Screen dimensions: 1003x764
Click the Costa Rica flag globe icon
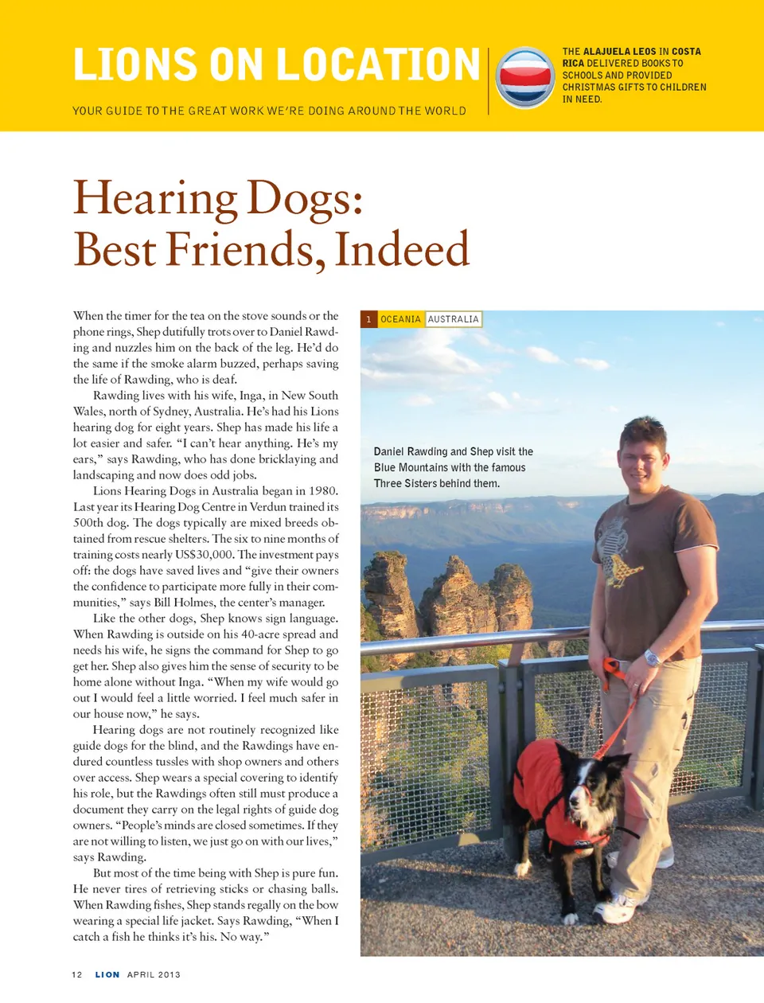click(x=524, y=77)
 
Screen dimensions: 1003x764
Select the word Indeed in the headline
click(x=402, y=249)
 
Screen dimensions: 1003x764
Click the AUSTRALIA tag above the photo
click(x=453, y=319)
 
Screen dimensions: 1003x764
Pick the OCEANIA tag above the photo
click(x=400, y=319)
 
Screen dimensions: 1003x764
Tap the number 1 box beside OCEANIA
click(x=368, y=319)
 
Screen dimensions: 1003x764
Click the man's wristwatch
click(x=652, y=658)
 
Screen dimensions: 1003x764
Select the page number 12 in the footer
click(x=77, y=974)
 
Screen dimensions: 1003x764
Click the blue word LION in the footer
click(x=107, y=974)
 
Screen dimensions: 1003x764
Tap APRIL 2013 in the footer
click(x=154, y=974)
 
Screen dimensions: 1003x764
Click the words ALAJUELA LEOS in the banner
click(x=620, y=52)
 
